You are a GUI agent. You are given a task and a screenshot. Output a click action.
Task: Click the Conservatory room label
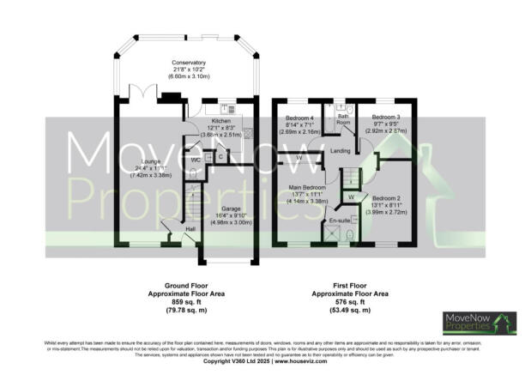pos(188,63)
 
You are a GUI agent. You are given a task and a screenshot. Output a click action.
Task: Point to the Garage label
pos(227,208)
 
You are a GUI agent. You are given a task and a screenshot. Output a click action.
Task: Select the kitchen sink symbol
pos(229,109)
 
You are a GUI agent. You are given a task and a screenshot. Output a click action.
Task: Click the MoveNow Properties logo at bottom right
pos(479,323)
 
